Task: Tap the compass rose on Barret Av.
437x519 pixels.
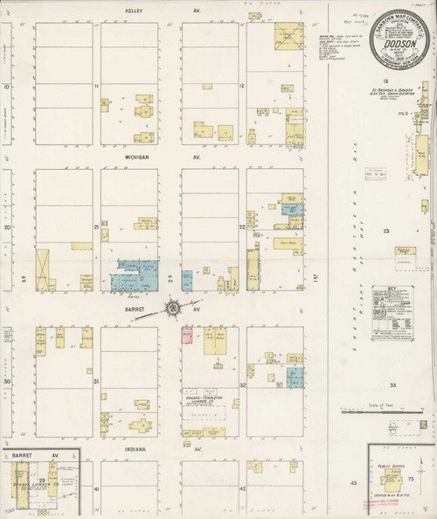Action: click(x=173, y=307)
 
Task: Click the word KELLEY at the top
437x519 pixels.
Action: click(x=134, y=11)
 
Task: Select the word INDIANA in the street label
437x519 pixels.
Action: click(x=134, y=450)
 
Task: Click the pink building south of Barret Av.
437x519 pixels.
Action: click(x=186, y=334)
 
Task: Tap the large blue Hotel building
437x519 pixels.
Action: click(x=135, y=275)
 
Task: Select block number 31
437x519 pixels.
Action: click(x=96, y=382)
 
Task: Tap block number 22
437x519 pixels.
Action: click(x=242, y=227)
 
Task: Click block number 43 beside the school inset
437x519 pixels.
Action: click(x=354, y=482)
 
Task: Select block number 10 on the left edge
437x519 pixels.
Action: click(x=6, y=87)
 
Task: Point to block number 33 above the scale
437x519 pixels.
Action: click(x=393, y=384)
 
